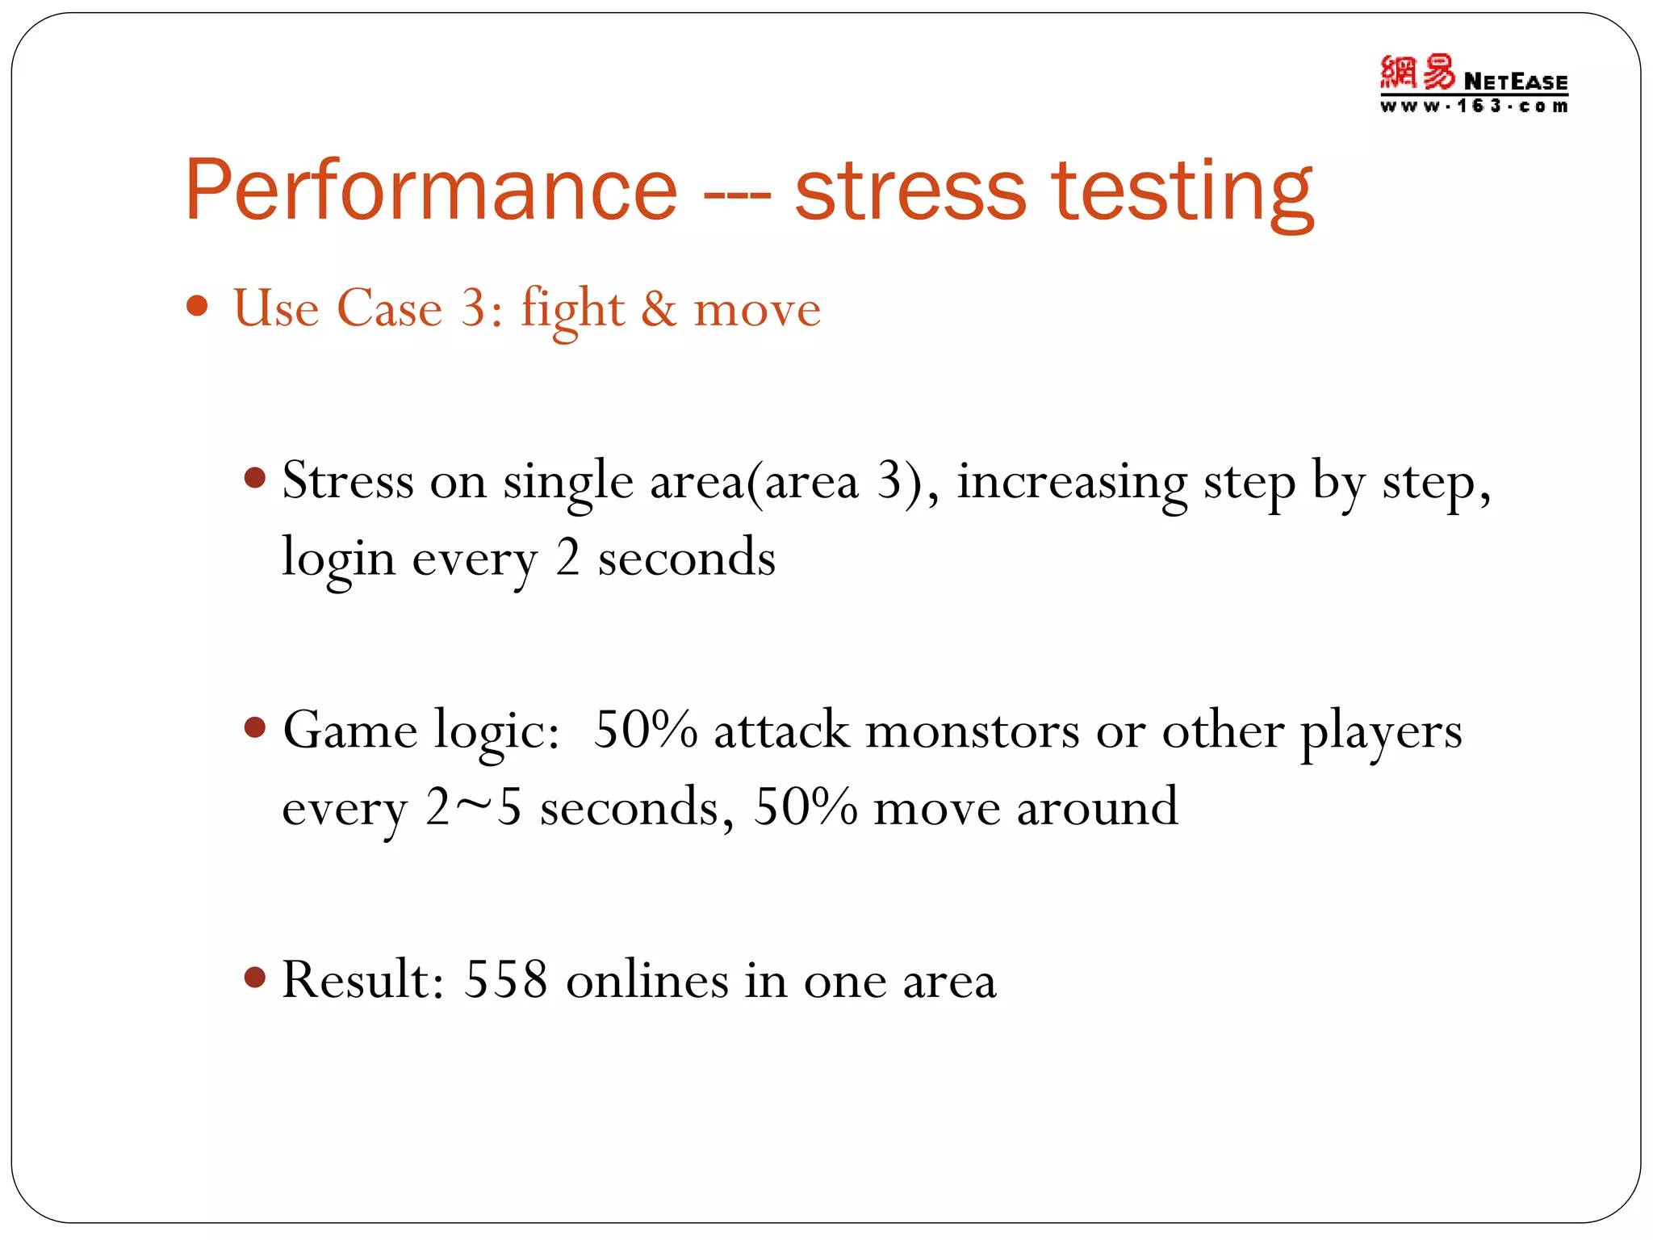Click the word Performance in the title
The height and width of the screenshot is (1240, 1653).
point(430,191)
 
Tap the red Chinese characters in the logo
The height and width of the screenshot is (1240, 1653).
point(1417,73)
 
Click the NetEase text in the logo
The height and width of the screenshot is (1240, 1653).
point(1515,82)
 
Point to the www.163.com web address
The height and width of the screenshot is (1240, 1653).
point(1473,106)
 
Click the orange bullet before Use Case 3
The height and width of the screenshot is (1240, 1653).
point(197,307)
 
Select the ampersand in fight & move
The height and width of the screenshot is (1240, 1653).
point(659,309)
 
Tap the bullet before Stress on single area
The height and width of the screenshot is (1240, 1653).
point(255,478)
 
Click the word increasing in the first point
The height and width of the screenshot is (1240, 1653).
point(1072,483)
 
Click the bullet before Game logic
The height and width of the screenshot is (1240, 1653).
point(255,728)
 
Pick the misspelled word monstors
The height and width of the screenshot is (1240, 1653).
point(972,731)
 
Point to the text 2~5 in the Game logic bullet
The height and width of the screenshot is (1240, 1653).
point(473,807)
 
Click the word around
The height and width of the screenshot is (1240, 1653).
point(1097,807)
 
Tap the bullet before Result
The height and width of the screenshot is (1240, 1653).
point(255,978)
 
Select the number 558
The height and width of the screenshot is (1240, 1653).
point(506,980)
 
